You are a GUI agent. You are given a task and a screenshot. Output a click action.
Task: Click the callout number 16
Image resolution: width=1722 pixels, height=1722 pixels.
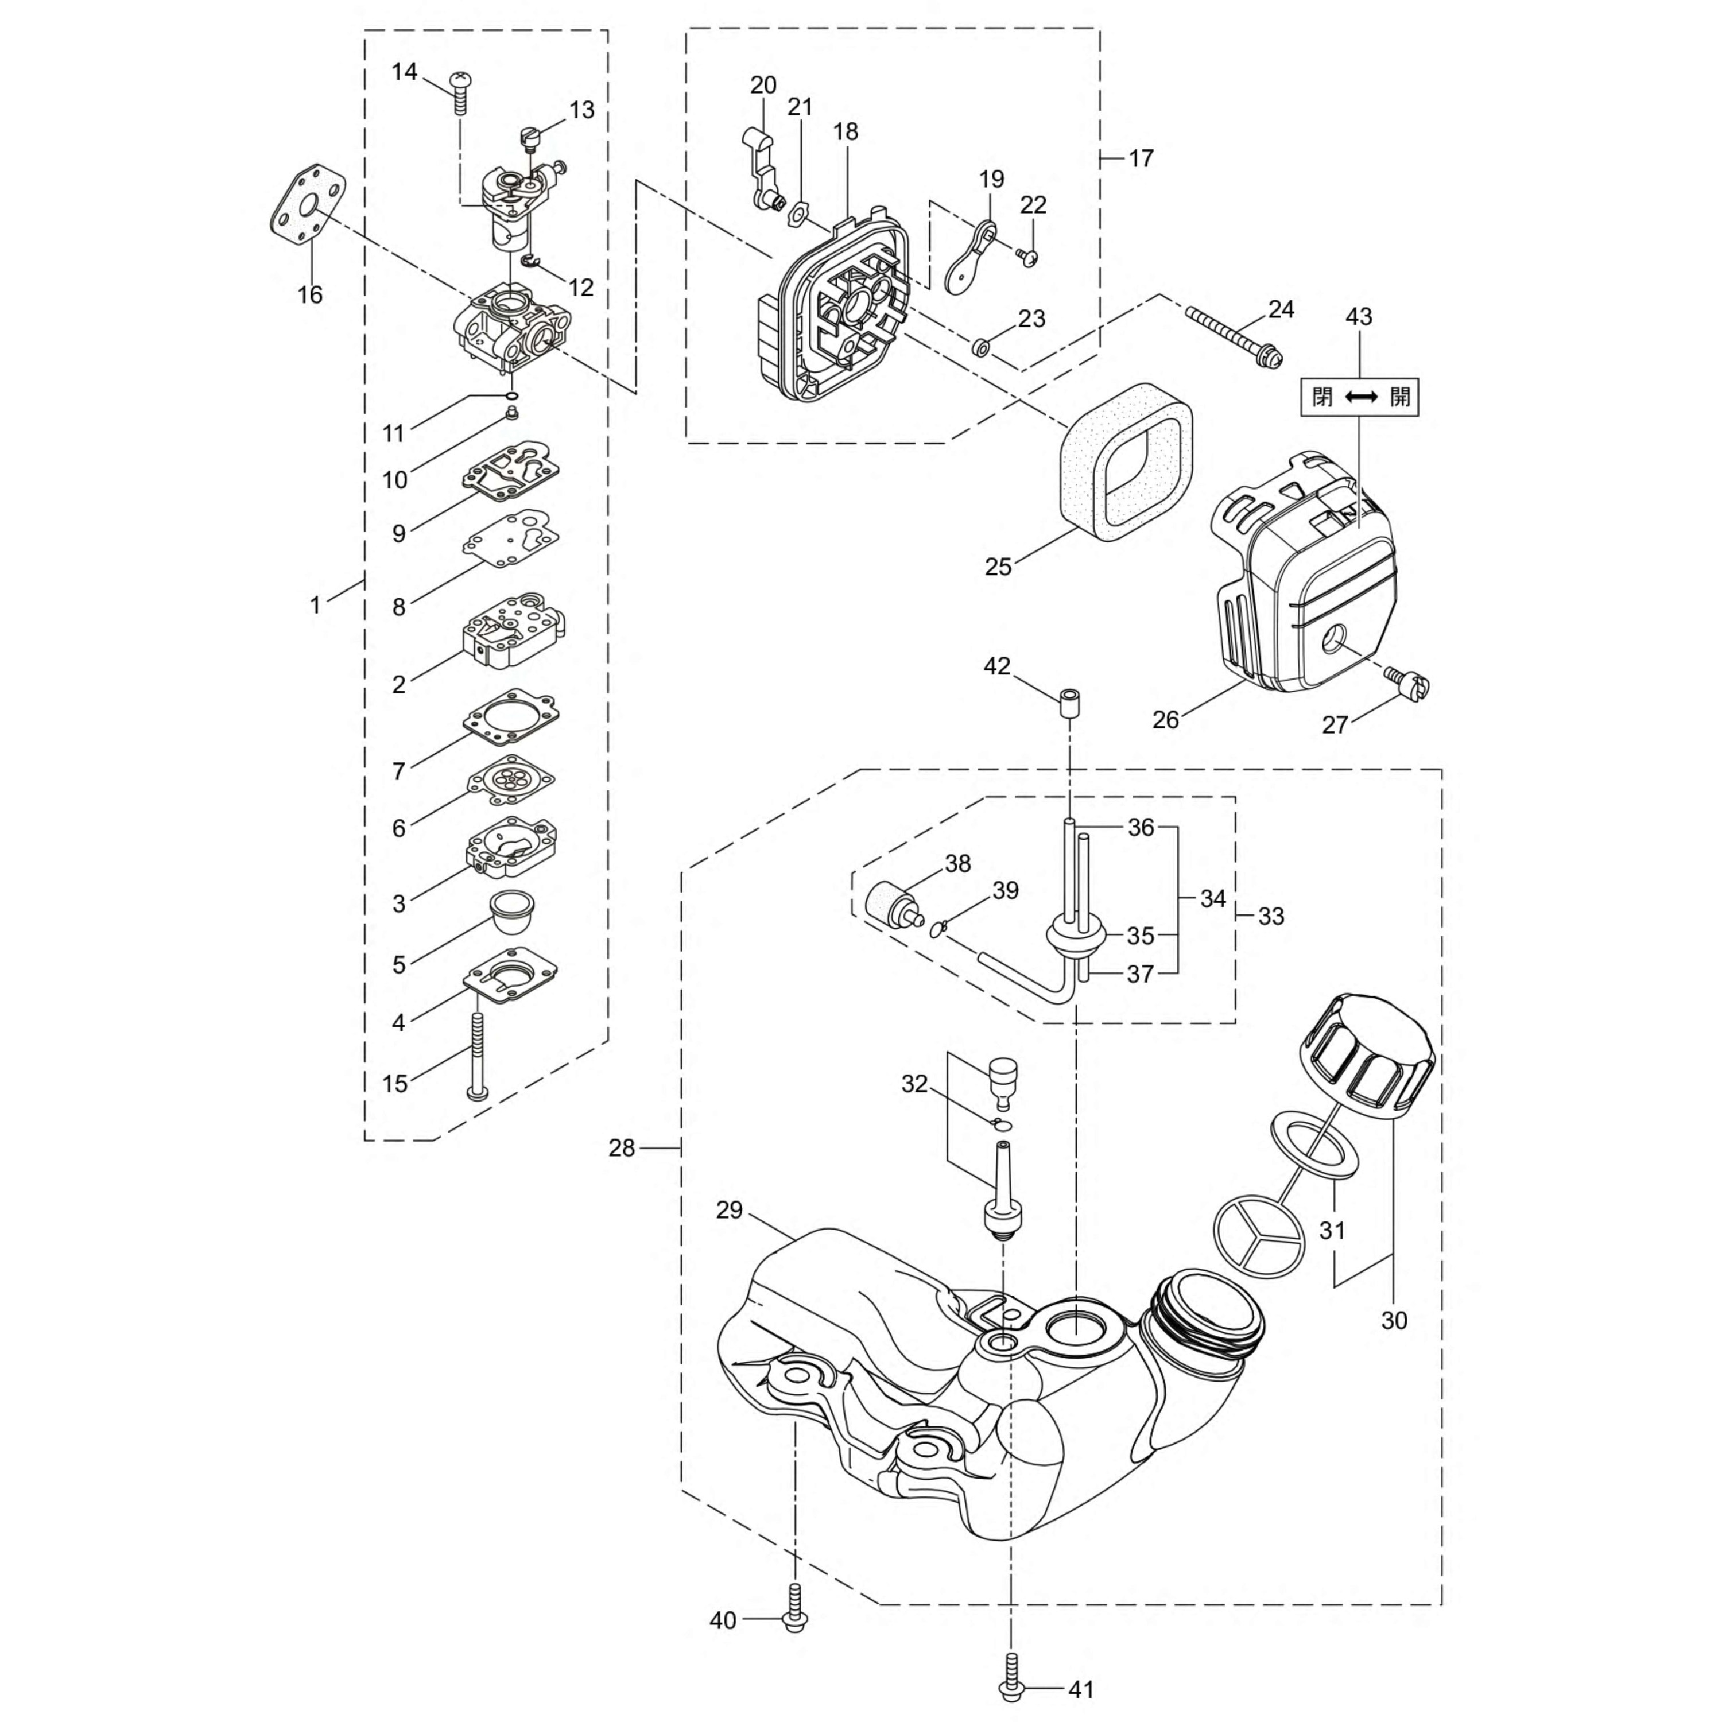pos(309,294)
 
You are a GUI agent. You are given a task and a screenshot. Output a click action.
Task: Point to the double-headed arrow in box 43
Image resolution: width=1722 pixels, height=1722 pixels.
pos(1361,397)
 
